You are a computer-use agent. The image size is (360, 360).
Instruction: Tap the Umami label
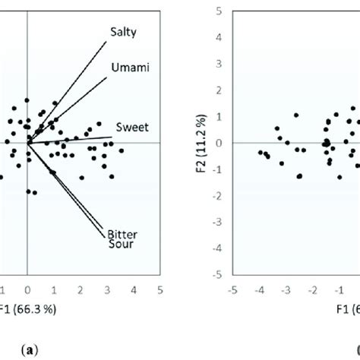click(128, 68)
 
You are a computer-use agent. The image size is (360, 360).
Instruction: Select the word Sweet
click(131, 125)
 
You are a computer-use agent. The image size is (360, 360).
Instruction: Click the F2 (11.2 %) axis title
click(200, 142)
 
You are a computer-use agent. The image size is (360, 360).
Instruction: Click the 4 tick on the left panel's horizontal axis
click(134, 289)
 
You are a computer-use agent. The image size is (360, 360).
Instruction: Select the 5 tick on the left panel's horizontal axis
click(160, 289)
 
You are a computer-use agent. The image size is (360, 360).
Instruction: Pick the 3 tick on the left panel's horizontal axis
click(107, 289)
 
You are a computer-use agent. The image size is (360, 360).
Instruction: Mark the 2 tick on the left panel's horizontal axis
click(81, 289)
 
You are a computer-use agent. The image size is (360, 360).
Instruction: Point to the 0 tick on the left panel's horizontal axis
click(27, 289)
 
